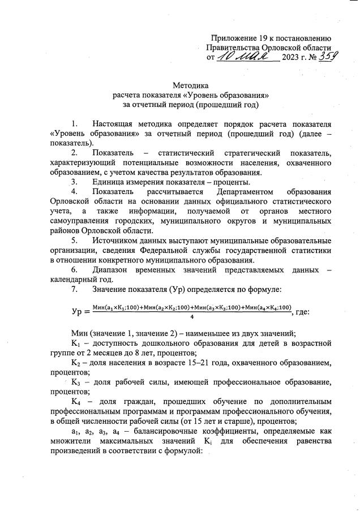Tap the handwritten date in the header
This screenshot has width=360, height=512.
[x=243, y=57]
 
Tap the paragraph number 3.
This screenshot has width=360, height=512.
[x=74, y=182]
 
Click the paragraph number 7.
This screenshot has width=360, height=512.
[x=74, y=290]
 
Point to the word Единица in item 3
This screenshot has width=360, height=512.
[x=109, y=182]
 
